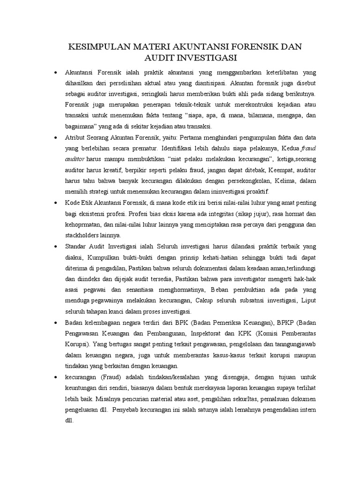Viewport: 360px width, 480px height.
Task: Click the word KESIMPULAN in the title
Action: pyautogui.click(x=97, y=47)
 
